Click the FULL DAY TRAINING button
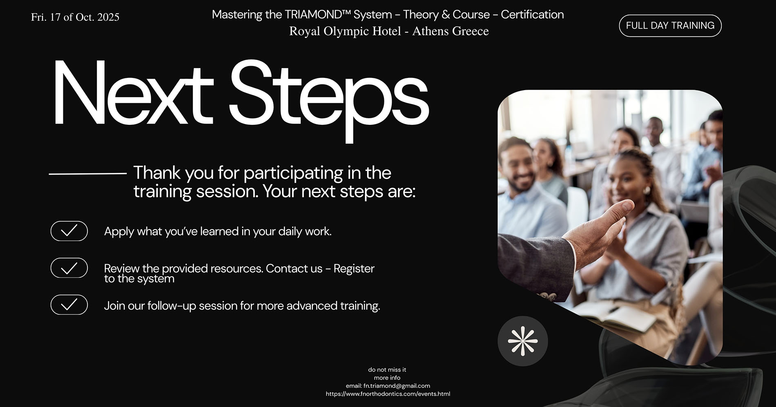tap(670, 26)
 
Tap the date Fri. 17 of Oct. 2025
tap(75, 17)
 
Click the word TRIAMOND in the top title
tap(313, 14)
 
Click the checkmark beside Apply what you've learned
tap(69, 231)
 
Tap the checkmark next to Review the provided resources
tap(69, 268)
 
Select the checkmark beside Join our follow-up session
tap(69, 305)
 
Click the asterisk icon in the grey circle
tap(523, 341)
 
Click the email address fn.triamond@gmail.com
tap(397, 386)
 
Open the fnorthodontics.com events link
tap(388, 394)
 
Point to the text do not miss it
tap(387, 370)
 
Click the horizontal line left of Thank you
tap(88, 174)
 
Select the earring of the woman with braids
tap(646, 190)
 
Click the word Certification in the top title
tap(532, 14)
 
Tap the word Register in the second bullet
tap(354, 269)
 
